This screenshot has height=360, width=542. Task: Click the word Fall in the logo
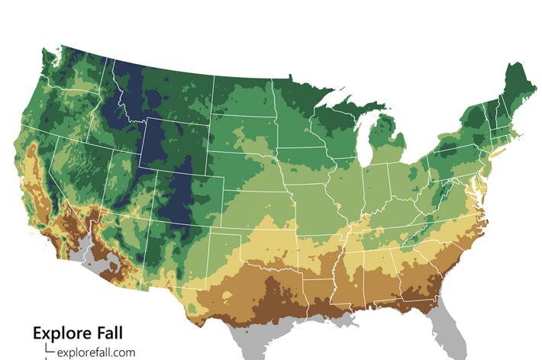point(109,333)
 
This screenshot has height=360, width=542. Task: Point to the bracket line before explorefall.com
point(49,349)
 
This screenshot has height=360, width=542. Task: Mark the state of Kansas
point(271,200)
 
